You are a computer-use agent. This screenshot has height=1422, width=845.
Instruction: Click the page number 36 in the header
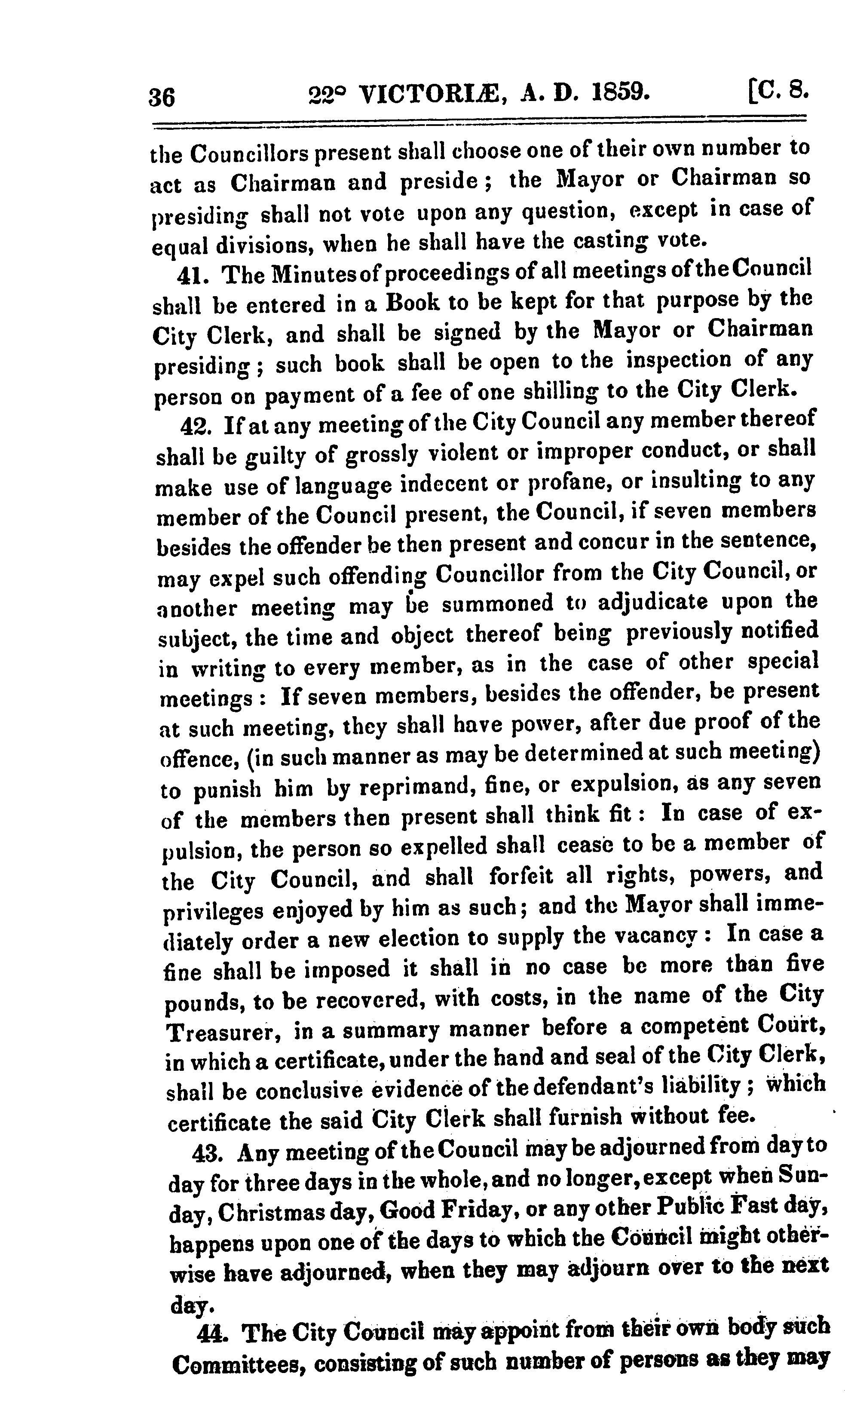162,97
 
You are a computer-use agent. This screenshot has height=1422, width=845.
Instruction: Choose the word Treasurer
223,1030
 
